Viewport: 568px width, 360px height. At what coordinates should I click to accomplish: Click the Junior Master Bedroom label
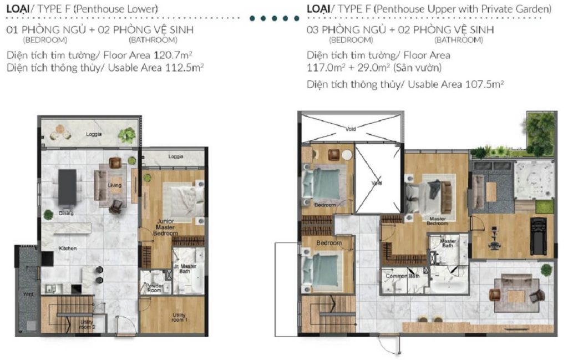[166, 227]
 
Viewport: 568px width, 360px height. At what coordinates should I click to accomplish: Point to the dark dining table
[67, 186]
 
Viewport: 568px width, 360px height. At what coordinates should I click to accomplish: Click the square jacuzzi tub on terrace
[533, 179]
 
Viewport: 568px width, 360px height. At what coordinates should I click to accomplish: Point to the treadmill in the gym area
[538, 232]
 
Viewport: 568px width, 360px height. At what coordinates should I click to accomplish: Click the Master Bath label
[448, 245]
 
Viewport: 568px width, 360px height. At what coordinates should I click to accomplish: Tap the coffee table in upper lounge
[516, 296]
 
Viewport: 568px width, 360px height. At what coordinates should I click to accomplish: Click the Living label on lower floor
[115, 185]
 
